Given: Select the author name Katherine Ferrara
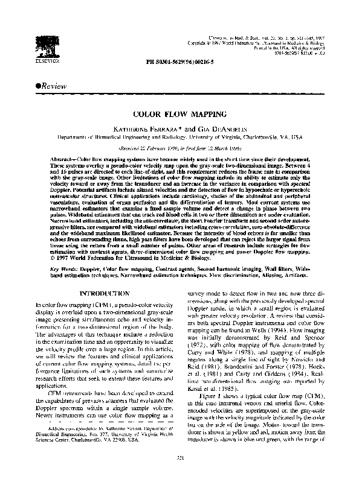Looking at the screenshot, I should [148, 128].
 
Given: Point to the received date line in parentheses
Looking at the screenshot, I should [179, 147].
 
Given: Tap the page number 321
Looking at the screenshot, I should [179, 475].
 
